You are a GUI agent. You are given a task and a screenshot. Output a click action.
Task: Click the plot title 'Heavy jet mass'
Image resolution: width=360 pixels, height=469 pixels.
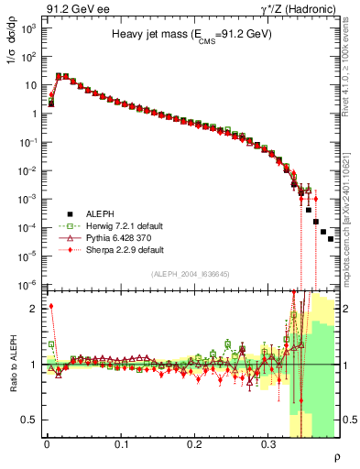191,34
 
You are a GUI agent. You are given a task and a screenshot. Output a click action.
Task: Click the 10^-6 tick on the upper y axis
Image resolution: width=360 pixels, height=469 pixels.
29,284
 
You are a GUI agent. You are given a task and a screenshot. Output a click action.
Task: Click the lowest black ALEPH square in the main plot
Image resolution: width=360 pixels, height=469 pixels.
331,238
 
